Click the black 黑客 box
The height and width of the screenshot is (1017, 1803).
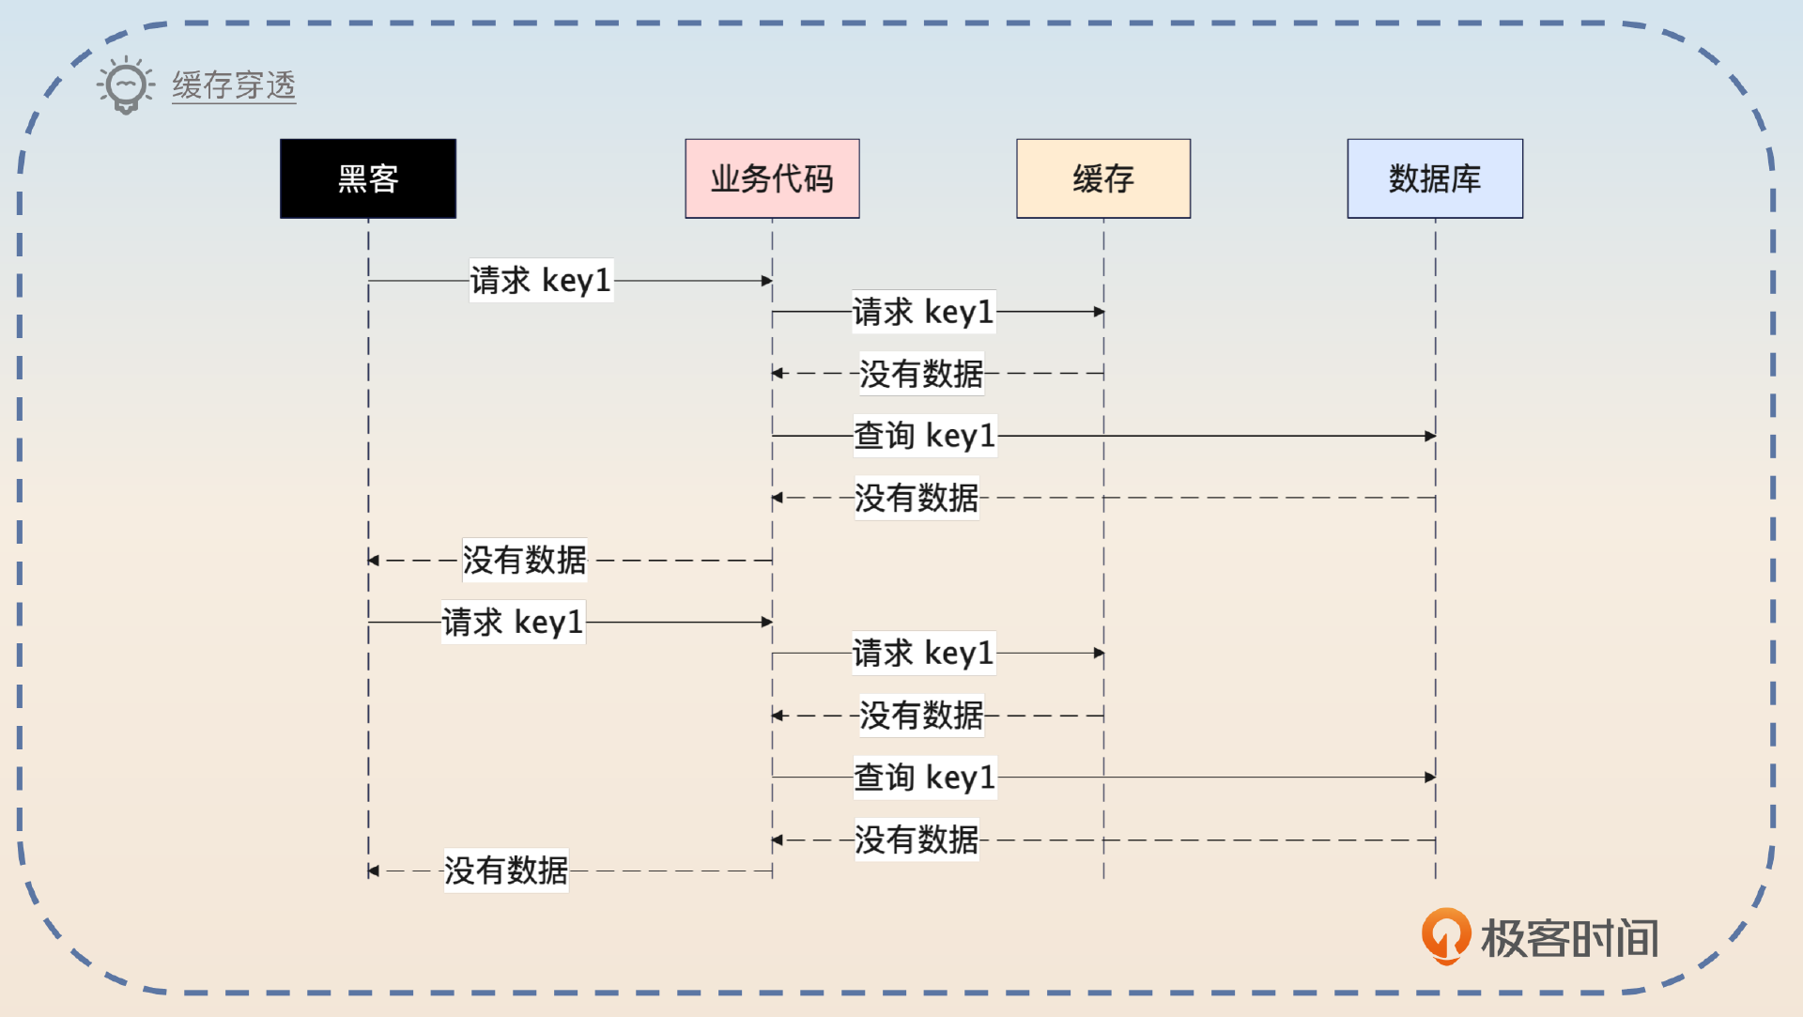tap(368, 178)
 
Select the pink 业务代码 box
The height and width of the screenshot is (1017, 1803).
tap(772, 178)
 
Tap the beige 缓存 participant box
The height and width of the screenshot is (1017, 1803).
tap(1103, 178)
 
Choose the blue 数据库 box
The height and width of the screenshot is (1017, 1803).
tap(1435, 178)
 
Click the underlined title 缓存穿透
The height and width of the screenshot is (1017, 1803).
tap(234, 85)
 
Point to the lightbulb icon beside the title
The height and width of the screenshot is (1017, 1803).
tap(126, 85)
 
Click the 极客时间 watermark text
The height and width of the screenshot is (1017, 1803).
tap(1569, 938)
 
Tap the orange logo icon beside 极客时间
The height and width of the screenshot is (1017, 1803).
tap(1445, 935)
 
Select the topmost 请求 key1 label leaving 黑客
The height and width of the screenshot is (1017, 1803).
tap(541, 280)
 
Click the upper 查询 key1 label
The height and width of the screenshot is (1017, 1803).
tap(924, 436)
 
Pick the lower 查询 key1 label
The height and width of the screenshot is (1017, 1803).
tap(924, 778)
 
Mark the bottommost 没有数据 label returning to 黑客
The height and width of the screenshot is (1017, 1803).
tap(506, 871)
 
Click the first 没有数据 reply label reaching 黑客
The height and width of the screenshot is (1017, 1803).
tap(525, 560)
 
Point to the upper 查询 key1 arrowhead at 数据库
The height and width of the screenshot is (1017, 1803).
tap(1430, 436)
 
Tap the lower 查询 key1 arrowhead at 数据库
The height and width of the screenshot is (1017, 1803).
tap(1430, 778)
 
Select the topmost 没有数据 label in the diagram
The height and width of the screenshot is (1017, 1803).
tap(921, 373)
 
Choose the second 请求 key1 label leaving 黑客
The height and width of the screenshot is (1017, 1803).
tap(513, 622)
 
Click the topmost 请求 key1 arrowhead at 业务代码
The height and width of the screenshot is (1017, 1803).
tap(767, 281)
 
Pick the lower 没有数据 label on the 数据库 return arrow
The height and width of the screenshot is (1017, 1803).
tap(917, 840)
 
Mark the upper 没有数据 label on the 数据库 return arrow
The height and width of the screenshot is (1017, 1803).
tap(917, 498)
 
